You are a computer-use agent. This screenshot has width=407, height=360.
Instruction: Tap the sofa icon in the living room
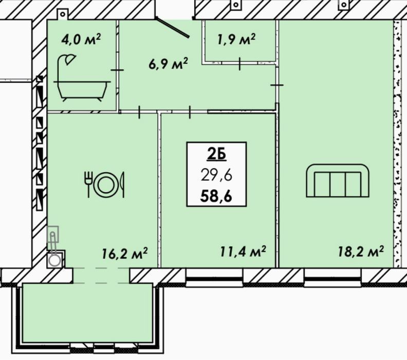pos(338,181)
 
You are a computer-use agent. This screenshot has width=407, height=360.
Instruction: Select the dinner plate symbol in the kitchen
pos(106,185)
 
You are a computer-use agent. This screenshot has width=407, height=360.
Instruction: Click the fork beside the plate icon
pos(88,184)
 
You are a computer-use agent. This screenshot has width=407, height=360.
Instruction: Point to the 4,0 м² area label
pos(81,40)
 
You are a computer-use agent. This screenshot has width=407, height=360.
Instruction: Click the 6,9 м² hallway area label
pos(168,64)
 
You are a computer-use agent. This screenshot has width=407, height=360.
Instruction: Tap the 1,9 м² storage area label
pos(236,40)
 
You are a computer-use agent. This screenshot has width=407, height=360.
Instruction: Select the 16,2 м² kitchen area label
pos(124,253)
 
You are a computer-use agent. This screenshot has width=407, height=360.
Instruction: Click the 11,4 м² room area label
pos(243,251)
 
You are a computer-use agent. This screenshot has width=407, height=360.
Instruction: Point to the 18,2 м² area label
pos(361,251)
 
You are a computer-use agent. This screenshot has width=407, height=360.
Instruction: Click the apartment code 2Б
pos(216,155)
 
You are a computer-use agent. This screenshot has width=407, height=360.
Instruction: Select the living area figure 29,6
pos(216,176)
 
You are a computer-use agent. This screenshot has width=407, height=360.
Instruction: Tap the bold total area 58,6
pos(216,196)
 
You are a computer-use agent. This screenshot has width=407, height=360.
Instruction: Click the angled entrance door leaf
pos(173,28)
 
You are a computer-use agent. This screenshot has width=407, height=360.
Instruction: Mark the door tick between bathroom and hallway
pos(117,70)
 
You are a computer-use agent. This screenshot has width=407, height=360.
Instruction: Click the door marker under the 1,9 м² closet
pos(239,64)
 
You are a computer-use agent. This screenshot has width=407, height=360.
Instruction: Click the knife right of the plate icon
pos(122,185)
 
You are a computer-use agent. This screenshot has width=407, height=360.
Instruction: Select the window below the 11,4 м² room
pos(214,278)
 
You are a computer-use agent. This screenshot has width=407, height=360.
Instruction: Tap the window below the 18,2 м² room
pos(333,278)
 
